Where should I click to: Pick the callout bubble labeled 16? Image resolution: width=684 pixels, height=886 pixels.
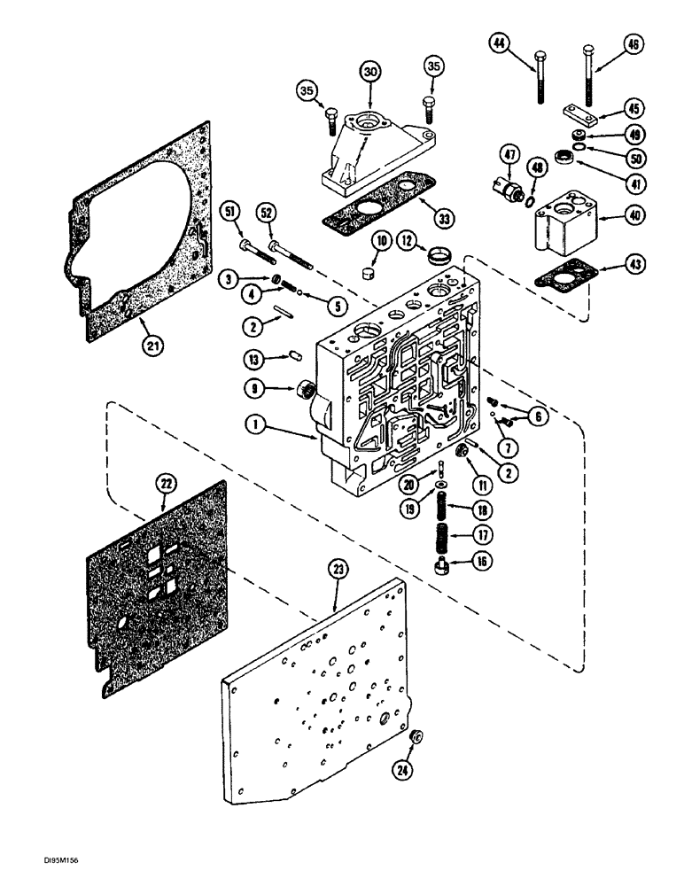coord(484,561)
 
